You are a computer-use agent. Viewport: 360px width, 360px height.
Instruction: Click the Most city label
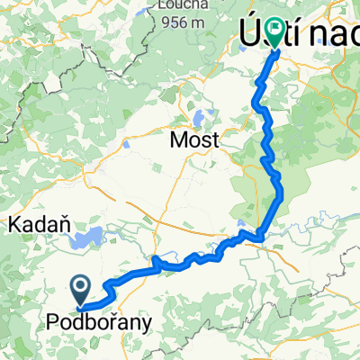[194, 140]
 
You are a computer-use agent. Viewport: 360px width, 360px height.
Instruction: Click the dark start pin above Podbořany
[80, 290]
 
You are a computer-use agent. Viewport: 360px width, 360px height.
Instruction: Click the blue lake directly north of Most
[199, 116]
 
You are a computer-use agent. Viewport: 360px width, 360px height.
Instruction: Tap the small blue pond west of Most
[129, 142]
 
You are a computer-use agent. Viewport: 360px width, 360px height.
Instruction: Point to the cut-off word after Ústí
[337, 36]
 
